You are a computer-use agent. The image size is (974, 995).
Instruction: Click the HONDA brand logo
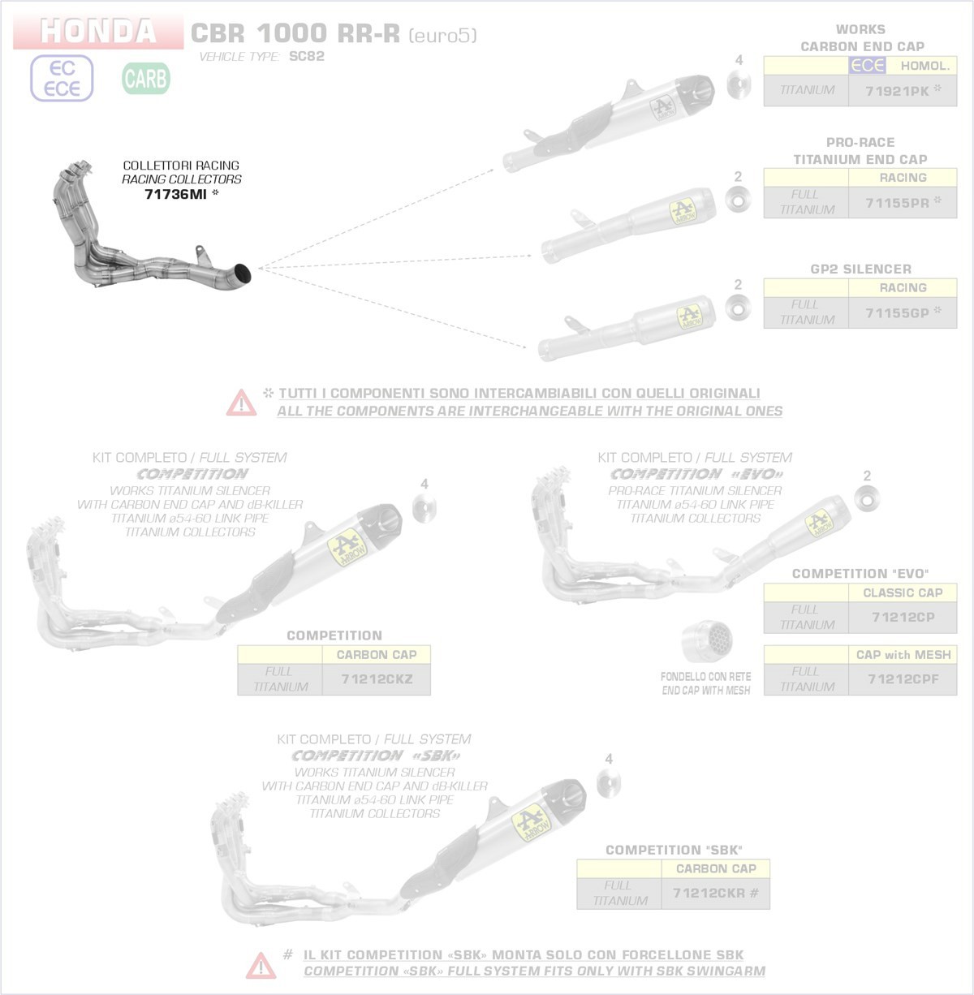[x=98, y=31]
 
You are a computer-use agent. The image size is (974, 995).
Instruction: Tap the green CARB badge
[x=146, y=79]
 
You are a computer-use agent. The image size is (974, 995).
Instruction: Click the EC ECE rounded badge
[x=62, y=79]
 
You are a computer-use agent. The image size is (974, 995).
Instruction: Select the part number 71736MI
[x=175, y=194]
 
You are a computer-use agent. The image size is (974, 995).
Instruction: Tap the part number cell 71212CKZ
[x=377, y=678]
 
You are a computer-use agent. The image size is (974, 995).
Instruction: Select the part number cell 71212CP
[x=903, y=617]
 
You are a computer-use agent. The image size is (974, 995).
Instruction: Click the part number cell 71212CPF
[x=903, y=678]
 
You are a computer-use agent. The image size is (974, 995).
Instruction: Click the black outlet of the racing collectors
[x=243, y=274]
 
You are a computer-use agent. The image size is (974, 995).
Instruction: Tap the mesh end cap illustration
[x=707, y=641]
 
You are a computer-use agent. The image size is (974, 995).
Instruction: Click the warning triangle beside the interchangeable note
[x=242, y=403]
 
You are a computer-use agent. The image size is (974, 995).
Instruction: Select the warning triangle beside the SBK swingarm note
[x=261, y=966]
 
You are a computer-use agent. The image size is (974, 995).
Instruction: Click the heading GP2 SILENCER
[x=860, y=269]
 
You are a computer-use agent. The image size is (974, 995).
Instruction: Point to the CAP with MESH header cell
[x=903, y=654]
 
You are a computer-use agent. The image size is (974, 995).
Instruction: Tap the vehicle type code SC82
[x=306, y=56]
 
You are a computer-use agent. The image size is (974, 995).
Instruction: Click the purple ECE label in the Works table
[x=867, y=66]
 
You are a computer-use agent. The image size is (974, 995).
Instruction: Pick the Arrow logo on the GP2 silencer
[x=689, y=317]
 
